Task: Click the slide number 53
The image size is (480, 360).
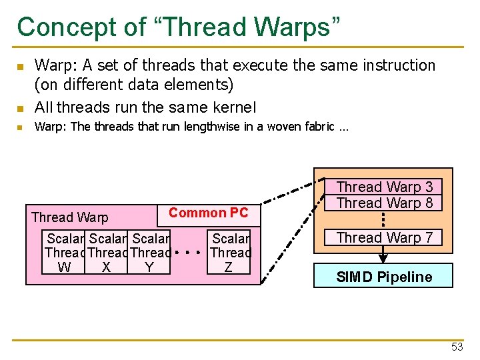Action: (457, 347)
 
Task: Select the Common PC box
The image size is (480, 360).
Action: (208, 213)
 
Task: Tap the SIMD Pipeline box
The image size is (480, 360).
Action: (384, 277)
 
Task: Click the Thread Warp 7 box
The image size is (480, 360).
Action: (385, 238)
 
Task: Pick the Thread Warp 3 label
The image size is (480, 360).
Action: (385, 187)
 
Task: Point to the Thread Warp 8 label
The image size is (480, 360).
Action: (385, 203)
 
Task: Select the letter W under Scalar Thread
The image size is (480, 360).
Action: (65, 267)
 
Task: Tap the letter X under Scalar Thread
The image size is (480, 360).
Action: (106, 267)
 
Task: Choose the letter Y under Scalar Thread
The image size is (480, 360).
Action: (149, 267)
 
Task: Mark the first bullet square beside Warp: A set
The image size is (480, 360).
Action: (21, 67)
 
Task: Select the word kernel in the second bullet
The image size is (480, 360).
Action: (234, 107)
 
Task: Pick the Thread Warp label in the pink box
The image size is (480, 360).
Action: (69, 217)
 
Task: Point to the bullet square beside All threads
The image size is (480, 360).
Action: (21, 108)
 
